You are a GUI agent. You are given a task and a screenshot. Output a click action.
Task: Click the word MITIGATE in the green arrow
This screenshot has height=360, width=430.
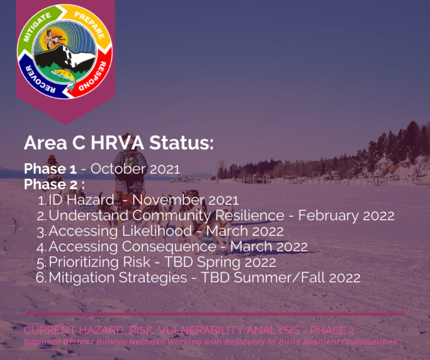(37, 27)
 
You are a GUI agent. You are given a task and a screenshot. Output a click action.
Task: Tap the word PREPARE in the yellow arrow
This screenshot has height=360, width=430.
(89, 25)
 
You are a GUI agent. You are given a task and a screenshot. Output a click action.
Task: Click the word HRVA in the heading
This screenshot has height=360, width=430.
(117, 143)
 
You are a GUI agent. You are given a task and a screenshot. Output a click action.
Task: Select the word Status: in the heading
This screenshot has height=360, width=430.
(181, 143)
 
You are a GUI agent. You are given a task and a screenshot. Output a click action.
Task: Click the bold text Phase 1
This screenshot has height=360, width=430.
(50, 169)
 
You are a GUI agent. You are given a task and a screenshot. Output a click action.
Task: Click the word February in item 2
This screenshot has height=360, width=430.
(328, 216)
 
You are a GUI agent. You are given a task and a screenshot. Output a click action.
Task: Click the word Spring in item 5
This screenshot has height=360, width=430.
(219, 262)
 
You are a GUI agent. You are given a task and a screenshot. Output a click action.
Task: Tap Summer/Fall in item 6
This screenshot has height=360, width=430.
(279, 278)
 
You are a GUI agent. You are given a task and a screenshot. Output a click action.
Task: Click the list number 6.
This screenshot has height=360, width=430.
(41, 278)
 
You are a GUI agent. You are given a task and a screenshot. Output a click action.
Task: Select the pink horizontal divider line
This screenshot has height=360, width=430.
(215, 314)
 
